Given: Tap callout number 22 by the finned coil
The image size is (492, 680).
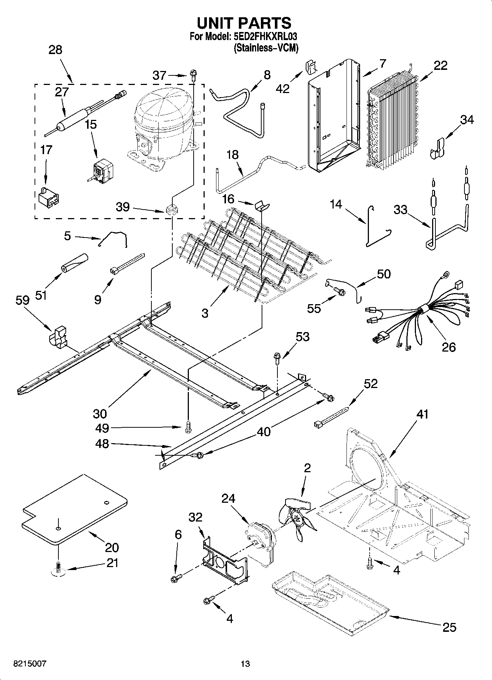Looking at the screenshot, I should click(441, 65).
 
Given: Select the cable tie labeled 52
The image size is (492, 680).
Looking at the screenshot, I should click(331, 416).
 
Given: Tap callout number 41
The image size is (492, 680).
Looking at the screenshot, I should click(423, 414).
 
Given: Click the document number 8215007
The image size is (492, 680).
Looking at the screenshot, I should click(30, 663).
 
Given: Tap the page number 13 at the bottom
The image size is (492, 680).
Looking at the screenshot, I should click(245, 663).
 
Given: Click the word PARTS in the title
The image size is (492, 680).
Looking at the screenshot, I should click(265, 23).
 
